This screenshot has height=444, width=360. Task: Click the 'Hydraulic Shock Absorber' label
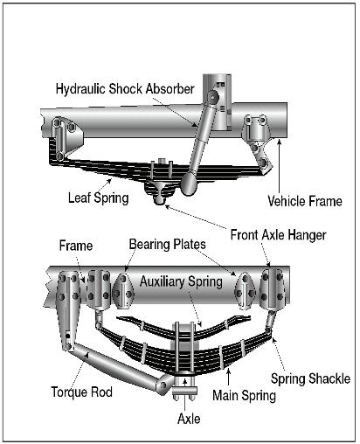click(125, 88)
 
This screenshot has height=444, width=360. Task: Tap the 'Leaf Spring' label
click(99, 198)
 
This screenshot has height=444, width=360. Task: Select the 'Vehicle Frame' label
click(305, 201)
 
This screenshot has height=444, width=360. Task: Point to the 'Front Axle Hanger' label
click(278, 235)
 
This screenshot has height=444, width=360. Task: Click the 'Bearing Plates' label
click(168, 244)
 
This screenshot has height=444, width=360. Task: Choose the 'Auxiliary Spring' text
click(181, 281)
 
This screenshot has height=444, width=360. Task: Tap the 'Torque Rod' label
click(82, 392)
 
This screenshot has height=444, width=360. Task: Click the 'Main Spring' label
click(244, 396)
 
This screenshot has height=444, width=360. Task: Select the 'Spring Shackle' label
click(310, 378)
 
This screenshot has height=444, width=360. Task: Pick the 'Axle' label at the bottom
click(189, 419)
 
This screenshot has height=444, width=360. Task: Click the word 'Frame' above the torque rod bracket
click(76, 246)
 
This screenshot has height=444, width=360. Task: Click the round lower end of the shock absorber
click(189, 184)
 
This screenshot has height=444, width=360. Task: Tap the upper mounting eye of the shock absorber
click(214, 96)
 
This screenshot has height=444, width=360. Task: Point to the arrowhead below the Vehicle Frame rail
click(280, 142)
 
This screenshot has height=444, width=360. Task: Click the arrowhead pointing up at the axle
click(184, 381)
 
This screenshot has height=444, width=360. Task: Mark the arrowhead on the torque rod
click(87, 354)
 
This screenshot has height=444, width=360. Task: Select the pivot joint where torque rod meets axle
click(163, 385)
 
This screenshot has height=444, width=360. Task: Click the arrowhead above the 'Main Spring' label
click(229, 371)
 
